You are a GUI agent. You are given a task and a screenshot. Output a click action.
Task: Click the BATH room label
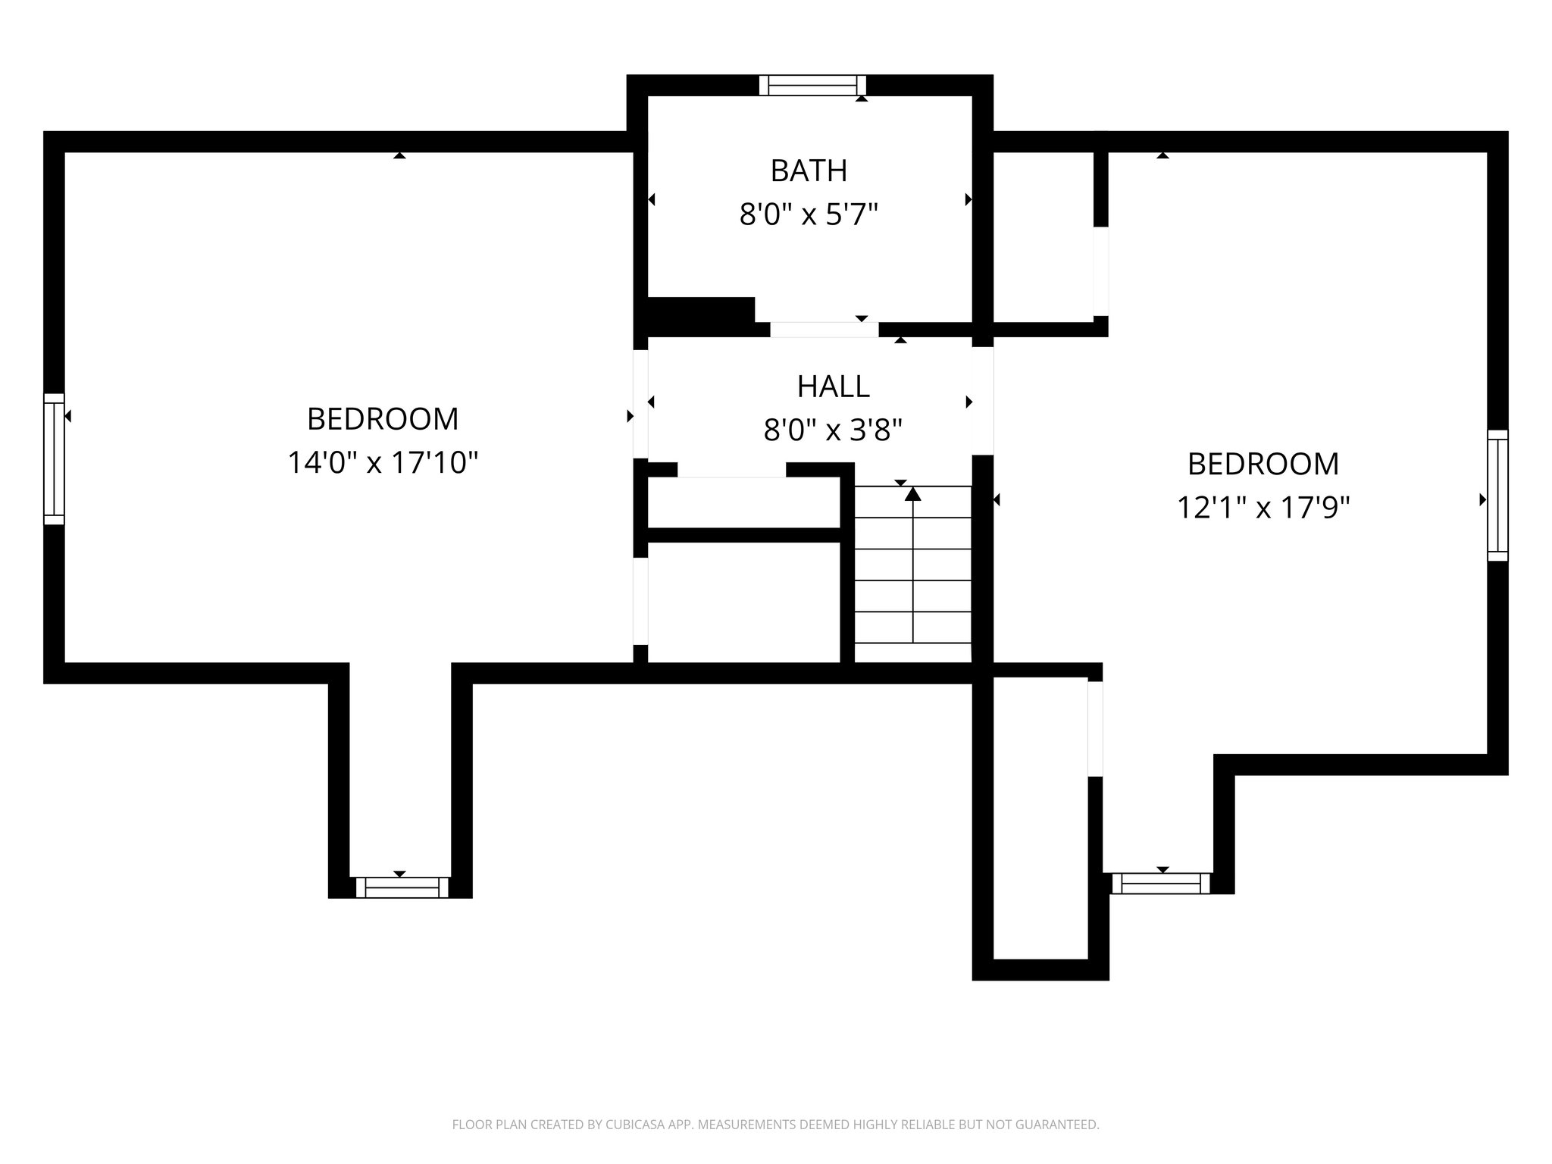809,171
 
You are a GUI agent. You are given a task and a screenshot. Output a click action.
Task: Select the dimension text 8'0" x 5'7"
809,215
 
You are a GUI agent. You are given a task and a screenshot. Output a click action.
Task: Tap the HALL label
833,386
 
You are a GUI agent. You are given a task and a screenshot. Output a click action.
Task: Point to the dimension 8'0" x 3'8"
833,431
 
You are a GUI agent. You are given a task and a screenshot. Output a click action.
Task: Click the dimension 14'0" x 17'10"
383,462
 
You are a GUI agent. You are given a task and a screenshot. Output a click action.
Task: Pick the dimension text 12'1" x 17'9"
1263,507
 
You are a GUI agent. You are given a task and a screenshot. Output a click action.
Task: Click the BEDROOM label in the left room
383,418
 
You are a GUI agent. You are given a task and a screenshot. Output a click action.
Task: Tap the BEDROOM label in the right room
1263,464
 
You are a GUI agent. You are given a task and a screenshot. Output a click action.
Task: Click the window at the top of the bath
812,85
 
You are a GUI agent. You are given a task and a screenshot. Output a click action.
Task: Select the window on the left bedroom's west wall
54,458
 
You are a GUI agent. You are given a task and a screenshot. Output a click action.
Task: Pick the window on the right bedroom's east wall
1497,496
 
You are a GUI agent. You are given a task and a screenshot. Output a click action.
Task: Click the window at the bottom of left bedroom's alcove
402,887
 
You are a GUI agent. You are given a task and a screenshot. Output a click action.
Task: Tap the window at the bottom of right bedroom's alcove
1161,884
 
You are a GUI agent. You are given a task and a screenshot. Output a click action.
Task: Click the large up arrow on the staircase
913,494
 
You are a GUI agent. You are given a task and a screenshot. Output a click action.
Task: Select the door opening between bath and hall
824,330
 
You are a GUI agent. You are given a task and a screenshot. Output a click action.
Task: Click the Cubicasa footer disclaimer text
775,1125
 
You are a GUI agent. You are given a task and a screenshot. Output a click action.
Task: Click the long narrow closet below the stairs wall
1040,818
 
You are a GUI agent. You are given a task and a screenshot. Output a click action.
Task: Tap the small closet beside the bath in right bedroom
1043,236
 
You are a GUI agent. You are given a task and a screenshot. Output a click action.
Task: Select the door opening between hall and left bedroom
640,403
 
